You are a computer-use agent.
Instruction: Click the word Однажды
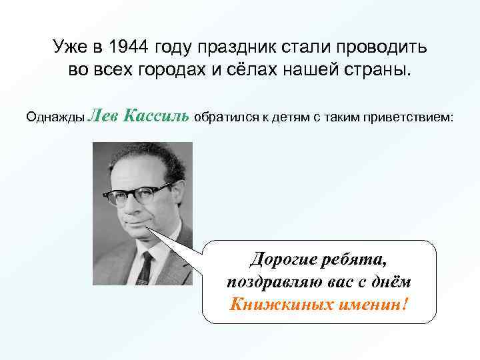pos(55,118)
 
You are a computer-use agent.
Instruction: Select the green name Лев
pos(102,117)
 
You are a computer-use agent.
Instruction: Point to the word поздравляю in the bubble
pos(274,281)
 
